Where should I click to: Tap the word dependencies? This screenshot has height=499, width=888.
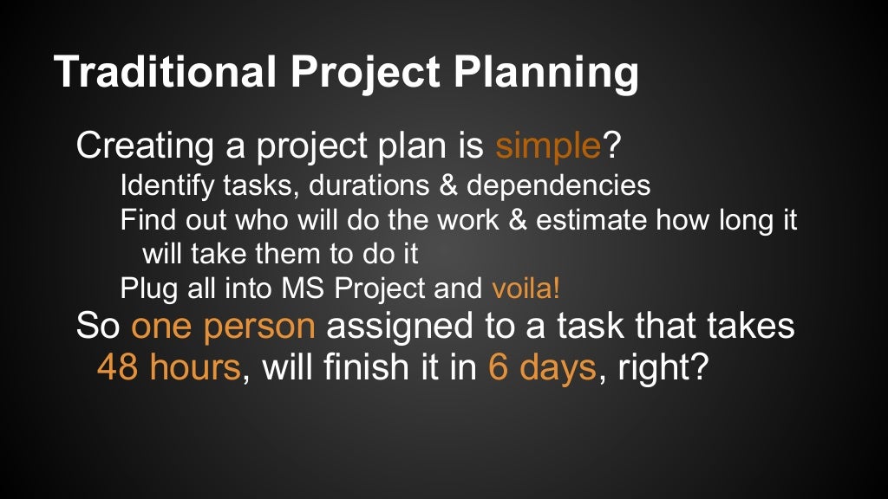(559, 185)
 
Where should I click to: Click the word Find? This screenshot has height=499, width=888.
(141, 220)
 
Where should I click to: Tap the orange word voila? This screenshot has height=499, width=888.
(526, 288)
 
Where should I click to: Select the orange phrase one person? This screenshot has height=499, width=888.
(223, 327)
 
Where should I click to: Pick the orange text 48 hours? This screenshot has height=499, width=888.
(168, 367)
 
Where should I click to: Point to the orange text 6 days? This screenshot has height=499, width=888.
(542, 367)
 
